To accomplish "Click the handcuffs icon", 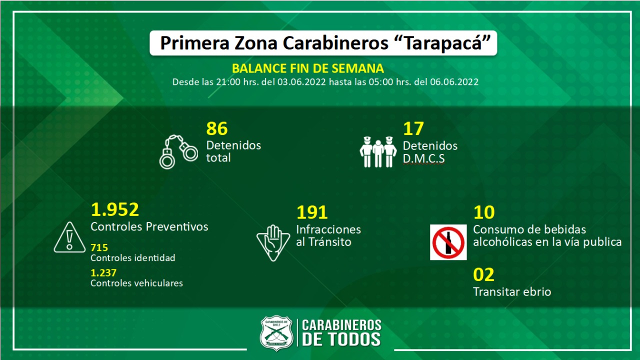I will point(178,151).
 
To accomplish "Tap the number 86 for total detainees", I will point(217,129).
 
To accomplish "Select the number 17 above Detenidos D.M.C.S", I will point(413,129).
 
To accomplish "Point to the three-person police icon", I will point(378,151).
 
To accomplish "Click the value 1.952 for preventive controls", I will point(114,209).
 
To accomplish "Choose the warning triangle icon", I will point(69,237).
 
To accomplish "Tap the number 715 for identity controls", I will point(99,247).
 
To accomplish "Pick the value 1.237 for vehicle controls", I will point(103,272).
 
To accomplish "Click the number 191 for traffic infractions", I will point(312,212).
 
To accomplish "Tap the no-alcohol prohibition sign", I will point(448,242).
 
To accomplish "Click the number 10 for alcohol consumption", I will point(483,212).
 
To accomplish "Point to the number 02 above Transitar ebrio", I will point(483,274).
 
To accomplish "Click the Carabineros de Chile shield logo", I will point(276,333).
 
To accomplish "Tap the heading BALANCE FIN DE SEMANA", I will point(308,68).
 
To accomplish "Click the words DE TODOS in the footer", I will point(341,339).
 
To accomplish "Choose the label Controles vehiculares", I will point(136,283).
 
